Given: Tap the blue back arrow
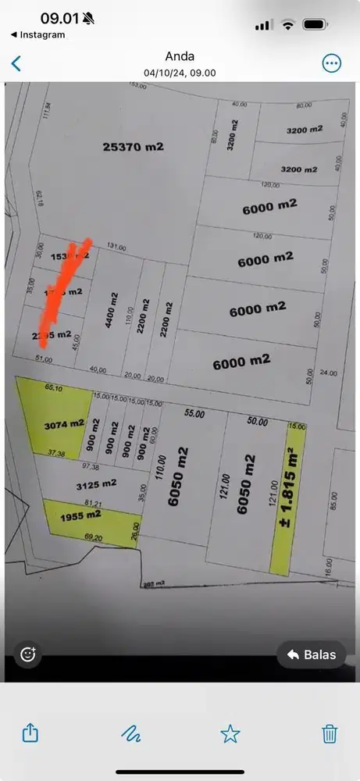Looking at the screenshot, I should (x=16, y=63).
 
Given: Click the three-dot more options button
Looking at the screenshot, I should (x=332, y=63).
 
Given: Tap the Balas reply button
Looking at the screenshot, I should (x=312, y=654).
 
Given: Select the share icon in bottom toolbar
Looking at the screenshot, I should (x=30, y=733).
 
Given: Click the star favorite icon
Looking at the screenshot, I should (x=230, y=733).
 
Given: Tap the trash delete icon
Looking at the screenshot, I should (x=330, y=733).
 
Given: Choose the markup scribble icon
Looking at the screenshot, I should (x=130, y=733).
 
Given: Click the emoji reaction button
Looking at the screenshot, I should (x=28, y=654).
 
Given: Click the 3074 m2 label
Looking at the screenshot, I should (x=64, y=425).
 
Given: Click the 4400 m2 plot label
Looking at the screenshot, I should (x=113, y=313).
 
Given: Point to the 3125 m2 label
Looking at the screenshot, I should (x=96, y=484).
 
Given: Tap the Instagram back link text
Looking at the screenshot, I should (x=42, y=34).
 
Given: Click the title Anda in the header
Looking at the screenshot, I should (x=180, y=56).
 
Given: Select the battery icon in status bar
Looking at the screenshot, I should (x=315, y=24).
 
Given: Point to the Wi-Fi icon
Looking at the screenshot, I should (x=287, y=24).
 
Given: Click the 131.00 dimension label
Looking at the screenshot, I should (x=116, y=248).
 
